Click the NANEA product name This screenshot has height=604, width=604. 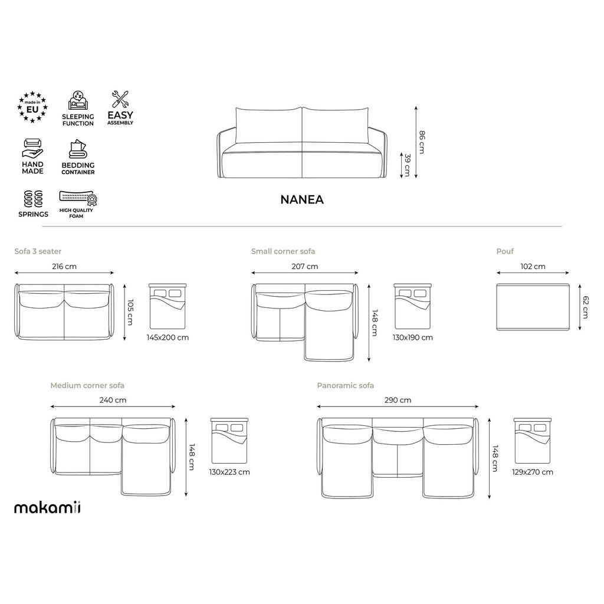(x=301, y=199)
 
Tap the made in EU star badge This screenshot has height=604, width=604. (x=32, y=107)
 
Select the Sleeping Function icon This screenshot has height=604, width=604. (x=77, y=101)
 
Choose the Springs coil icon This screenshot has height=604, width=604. (x=33, y=198)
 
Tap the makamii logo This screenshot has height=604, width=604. (x=48, y=507)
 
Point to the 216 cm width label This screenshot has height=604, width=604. (x=64, y=267)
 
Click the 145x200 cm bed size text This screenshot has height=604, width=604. (x=168, y=338)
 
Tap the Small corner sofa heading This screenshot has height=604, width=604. (x=283, y=251)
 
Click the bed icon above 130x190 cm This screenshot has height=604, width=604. (x=413, y=306)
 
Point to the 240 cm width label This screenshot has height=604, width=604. (x=113, y=400)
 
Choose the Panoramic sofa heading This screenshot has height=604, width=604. (x=345, y=386)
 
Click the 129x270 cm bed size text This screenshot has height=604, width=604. (x=533, y=472)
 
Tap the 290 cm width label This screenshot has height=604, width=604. (x=398, y=400)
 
